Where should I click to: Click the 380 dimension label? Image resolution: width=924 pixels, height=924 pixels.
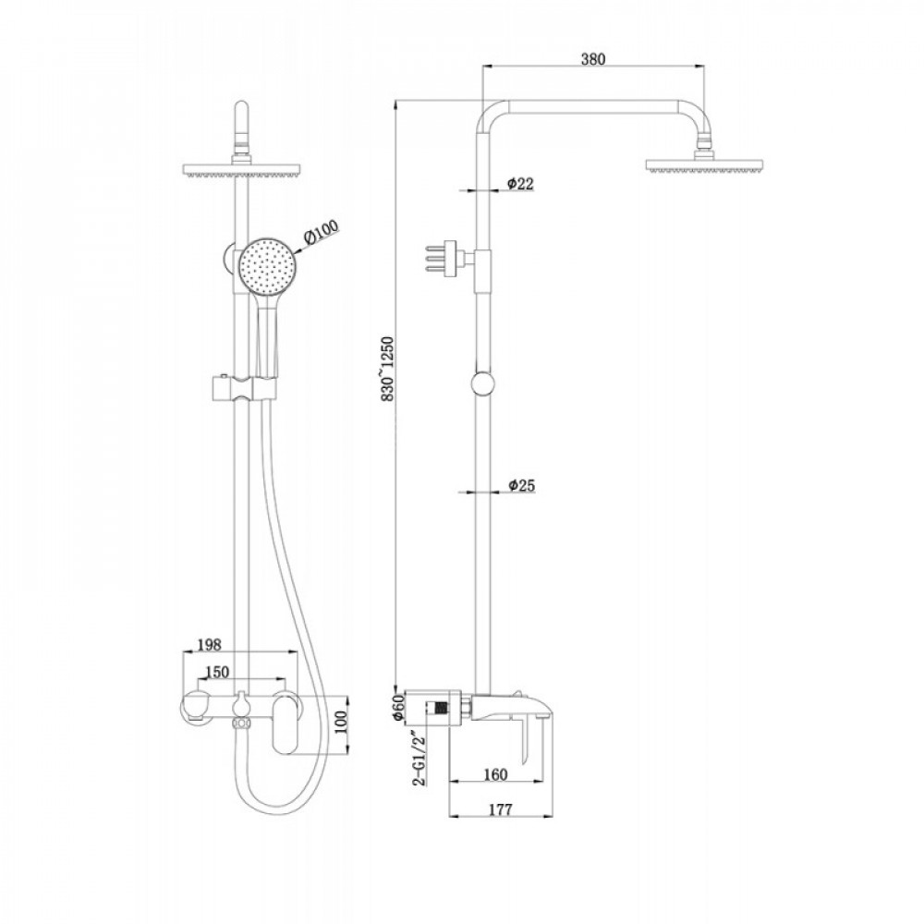pos(593,59)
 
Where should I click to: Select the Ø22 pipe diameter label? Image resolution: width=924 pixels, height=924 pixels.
pos(521,183)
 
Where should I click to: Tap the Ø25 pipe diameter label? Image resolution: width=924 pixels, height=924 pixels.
pos(521,485)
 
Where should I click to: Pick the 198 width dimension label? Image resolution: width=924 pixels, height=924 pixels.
pos(209,645)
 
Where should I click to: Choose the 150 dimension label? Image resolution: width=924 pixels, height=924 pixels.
pos(217,673)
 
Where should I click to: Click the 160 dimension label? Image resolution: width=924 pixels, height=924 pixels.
pos(495,774)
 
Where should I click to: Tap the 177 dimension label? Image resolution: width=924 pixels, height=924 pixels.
pos(501,809)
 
